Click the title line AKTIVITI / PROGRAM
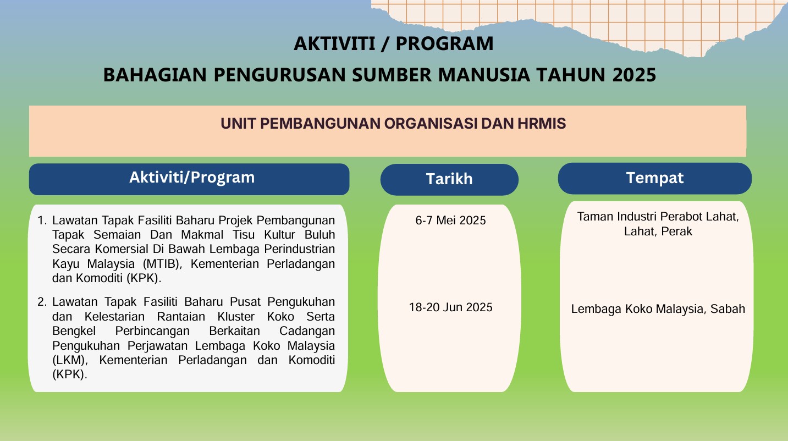click(393, 43)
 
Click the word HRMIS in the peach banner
click(542, 124)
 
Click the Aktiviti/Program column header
click(191, 178)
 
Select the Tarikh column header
click(449, 179)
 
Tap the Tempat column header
click(654, 178)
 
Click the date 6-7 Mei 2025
click(450, 220)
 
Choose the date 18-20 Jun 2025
click(450, 307)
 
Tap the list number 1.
click(41, 221)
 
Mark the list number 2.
click(41, 302)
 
